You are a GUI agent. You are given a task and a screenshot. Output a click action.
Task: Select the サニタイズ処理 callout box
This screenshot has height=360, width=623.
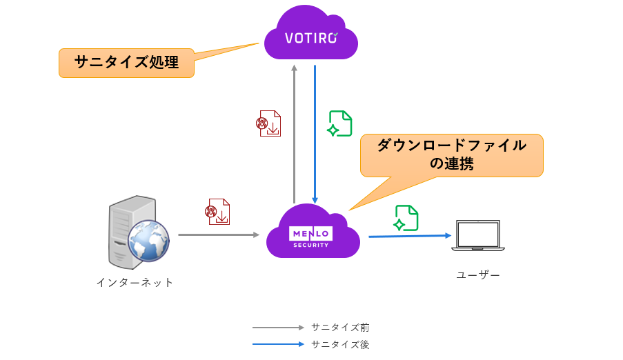coord(126,63)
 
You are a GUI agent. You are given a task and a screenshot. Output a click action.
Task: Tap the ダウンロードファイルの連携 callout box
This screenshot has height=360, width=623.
coord(451,155)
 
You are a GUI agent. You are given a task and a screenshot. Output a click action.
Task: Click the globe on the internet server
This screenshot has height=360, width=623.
coord(148,241)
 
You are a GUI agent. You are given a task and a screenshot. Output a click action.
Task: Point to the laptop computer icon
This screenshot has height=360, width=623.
coord(478,236)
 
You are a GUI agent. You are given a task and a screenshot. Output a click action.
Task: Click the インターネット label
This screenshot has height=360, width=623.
coord(135,282)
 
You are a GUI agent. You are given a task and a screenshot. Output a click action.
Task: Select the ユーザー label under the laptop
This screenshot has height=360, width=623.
coord(478,275)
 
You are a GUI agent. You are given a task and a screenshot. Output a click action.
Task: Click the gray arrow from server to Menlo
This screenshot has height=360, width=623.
coord(218,235)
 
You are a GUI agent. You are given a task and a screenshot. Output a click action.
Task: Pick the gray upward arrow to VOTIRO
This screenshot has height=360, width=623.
coord(294,131)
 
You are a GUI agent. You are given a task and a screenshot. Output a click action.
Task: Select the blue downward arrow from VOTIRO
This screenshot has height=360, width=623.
coord(315,131)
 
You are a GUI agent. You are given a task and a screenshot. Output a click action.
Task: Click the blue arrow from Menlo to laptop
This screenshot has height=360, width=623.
coord(409,236)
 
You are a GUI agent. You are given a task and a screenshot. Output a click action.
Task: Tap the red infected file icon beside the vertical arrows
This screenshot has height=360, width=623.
coord(268,123)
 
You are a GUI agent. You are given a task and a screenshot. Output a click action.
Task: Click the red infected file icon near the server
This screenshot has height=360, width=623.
coord(217,212)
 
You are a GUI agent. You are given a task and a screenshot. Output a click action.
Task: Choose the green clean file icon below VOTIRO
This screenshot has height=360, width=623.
coord(339,124)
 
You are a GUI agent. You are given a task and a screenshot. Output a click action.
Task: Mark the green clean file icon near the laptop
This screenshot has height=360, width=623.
coord(406,218)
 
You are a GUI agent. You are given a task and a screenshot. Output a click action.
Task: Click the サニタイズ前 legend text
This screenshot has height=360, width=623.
coord(340,328)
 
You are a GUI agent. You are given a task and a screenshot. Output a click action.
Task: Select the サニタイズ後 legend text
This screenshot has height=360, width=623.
coord(340,344)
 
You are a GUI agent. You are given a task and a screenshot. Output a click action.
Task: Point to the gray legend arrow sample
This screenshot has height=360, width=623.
coord(278,328)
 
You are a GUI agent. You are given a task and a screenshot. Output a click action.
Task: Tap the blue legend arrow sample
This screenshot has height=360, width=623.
coord(278,344)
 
